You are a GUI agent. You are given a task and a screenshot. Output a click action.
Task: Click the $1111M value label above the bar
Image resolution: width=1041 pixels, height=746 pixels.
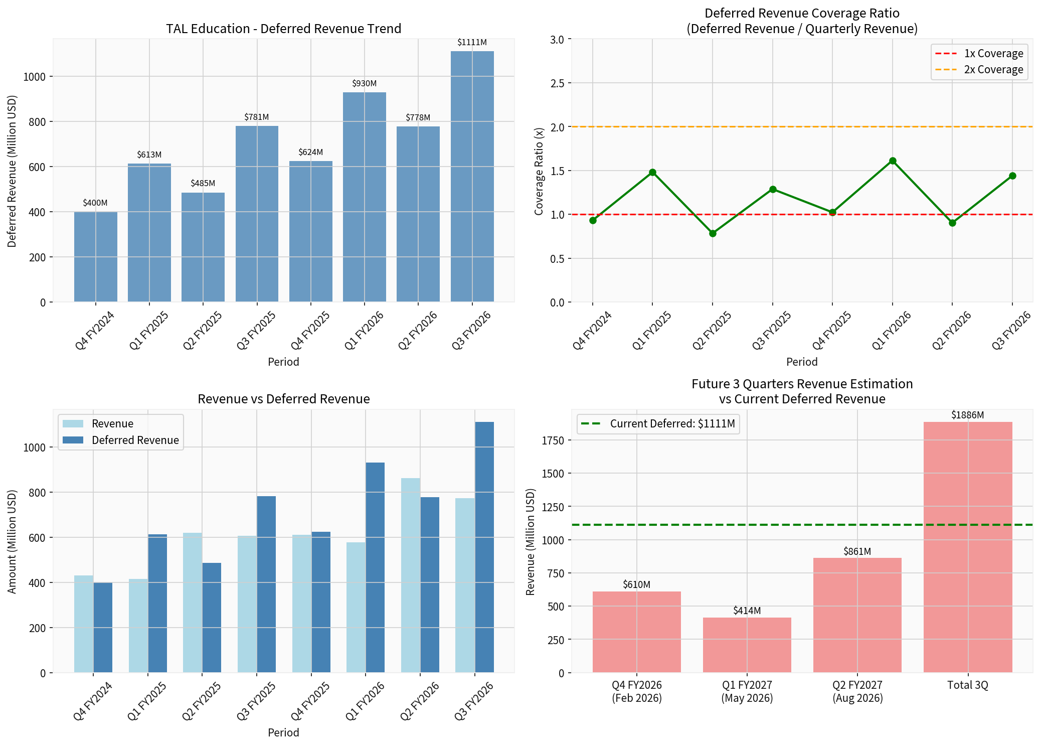pyautogui.click(x=472, y=43)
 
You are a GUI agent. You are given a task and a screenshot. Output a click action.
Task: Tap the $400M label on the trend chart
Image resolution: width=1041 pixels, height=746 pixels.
pyautogui.click(x=95, y=203)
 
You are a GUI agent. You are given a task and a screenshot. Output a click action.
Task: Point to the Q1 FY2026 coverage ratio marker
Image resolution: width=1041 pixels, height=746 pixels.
pyautogui.click(x=893, y=161)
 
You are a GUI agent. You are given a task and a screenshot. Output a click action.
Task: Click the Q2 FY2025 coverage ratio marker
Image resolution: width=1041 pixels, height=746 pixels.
pyautogui.click(x=713, y=233)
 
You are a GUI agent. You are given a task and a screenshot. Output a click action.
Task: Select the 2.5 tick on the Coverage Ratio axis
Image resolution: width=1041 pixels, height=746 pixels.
pyautogui.click(x=557, y=83)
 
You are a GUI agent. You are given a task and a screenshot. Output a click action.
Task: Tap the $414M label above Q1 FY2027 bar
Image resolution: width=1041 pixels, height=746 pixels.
pyautogui.click(x=747, y=611)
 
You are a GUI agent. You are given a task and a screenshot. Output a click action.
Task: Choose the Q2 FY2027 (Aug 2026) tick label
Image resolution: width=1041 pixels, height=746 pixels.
pyautogui.click(x=857, y=691)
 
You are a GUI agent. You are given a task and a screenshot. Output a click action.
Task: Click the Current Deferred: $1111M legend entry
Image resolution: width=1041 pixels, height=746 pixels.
pyautogui.click(x=658, y=424)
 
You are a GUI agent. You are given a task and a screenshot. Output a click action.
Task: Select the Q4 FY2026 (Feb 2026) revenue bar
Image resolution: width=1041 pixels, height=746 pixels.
pyautogui.click(x=637, y=632)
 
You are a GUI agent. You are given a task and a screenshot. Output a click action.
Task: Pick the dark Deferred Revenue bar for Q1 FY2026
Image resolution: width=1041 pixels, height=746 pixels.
pyautogui.click(x=375, y=567)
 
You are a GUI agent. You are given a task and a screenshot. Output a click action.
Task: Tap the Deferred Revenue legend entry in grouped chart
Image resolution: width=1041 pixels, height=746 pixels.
pyautogui.click(x=121, y=440)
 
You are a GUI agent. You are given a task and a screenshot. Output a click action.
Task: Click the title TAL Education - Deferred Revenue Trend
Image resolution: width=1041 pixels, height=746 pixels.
pyautogui.click(x=284, y=29)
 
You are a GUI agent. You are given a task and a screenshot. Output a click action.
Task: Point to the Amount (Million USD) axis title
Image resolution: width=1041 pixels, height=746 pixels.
pyautogui.click(x=12, y=542)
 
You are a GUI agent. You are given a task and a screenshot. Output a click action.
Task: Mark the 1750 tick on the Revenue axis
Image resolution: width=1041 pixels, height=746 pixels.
pyautogui.click(x=553, y=440)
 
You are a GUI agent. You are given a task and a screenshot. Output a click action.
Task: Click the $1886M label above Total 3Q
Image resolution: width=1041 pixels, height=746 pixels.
pyautogui.click(x=968, y=415)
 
